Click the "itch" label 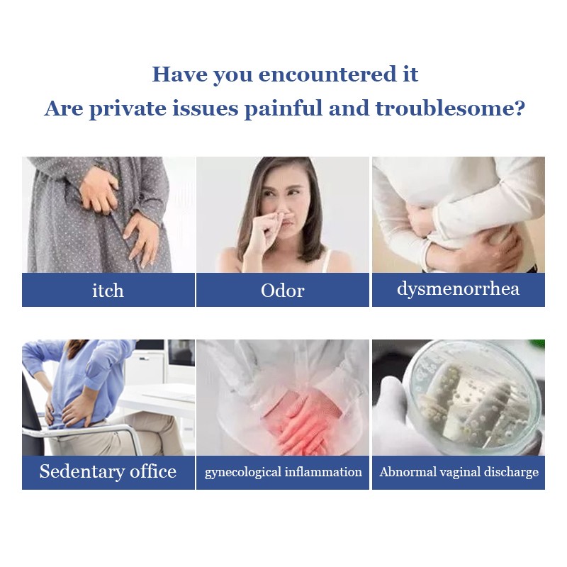108,291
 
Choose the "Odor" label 283,291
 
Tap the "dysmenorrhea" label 458,289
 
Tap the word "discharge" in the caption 511,472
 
